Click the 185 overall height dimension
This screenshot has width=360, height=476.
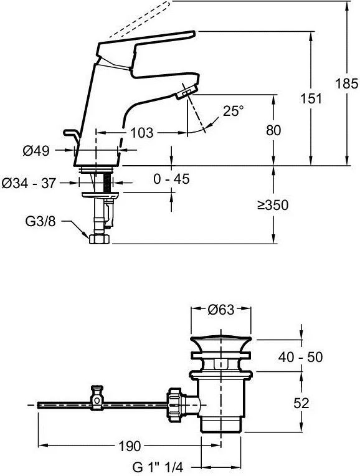[346, 83]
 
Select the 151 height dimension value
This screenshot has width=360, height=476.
[311, 98]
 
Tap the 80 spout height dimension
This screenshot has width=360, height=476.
[273, 131]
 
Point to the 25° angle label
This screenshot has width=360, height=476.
[233, 111]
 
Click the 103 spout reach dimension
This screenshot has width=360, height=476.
[142, 133]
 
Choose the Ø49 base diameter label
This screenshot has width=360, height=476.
[36, 151]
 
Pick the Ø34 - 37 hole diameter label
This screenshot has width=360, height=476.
[29, 183]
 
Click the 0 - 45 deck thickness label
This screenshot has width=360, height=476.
[171, 179]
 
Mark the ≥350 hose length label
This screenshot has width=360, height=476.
[273, 205]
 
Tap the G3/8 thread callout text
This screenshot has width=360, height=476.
[40, 221]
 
